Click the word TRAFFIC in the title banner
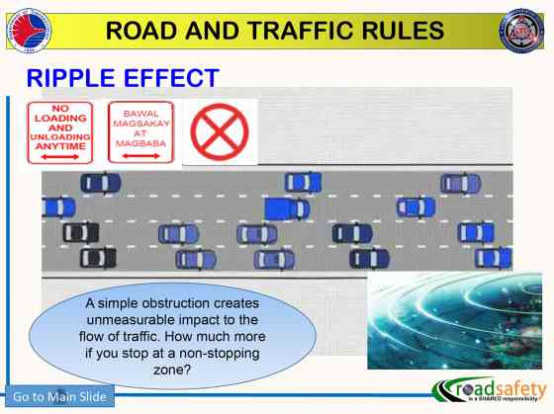pyautogui.click(x=319, y=31)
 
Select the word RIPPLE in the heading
pyautogui.click(x=76, y=77)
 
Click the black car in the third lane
pyautogui.click(x=80, y=232)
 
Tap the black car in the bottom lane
pyautogui.click(x=97, y=258)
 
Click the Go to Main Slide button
pyautogui.click(x=58, y=397)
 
